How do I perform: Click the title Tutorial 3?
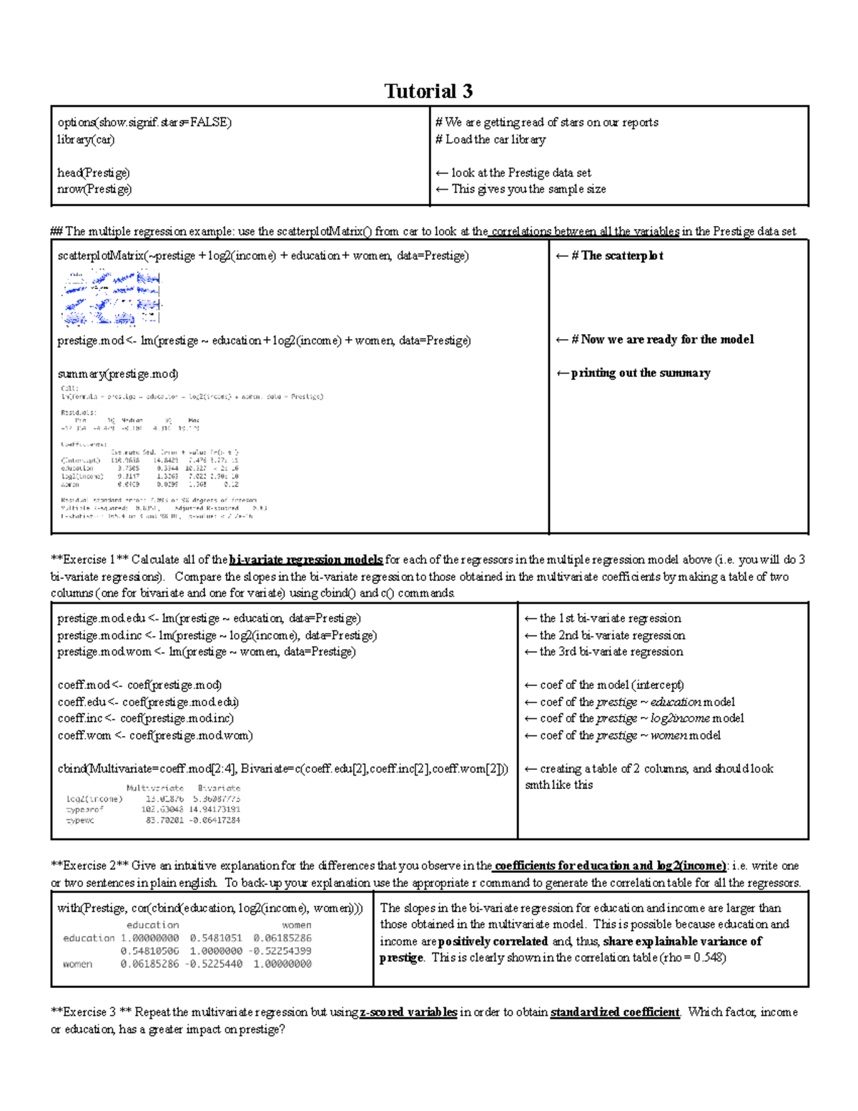pos(428,91)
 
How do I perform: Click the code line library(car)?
pos(86,140)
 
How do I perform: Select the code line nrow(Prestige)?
pos(94,190)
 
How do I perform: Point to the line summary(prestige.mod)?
pos(118,373)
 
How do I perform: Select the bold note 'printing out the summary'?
pos(640,373)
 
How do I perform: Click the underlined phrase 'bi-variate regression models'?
pos(306,560)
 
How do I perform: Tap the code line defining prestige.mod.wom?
pos(206,652)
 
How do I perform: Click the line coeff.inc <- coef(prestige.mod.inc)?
pos(145,718)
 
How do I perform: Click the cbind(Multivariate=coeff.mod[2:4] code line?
pos(282,769)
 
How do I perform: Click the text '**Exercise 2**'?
pos(89,866)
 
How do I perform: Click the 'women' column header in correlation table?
pos(296,925)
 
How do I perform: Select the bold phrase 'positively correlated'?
pos(493,941)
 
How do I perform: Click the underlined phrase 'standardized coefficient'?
pos(614,1012)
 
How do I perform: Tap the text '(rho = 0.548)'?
pos(692,958)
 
